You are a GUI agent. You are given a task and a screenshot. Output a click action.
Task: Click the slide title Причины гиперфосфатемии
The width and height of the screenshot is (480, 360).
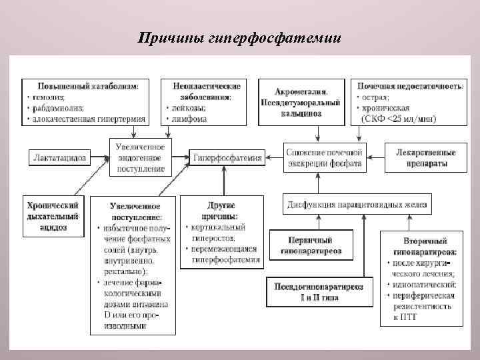tap(239, 37)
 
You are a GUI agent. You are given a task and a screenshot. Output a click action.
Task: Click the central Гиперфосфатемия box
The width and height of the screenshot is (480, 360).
tap(227, 159)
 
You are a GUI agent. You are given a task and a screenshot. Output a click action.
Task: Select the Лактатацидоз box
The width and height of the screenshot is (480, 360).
tap(59, 158)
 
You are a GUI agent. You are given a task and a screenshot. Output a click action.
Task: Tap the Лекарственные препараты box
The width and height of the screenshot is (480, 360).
tap(425, 159)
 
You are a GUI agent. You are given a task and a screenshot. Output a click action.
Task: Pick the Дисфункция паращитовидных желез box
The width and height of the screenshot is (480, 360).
tap(357, 203)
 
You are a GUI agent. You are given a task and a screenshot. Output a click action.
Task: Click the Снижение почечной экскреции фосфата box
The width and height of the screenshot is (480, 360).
tap(325, 157)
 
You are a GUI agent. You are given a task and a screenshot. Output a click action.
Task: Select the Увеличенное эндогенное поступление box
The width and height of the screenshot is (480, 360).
tap(141, 157)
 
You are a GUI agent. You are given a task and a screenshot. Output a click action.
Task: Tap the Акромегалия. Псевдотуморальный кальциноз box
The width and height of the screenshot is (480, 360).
tap(310, 102)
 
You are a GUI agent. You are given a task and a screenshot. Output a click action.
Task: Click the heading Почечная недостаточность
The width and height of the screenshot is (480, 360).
tap(411, 86)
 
